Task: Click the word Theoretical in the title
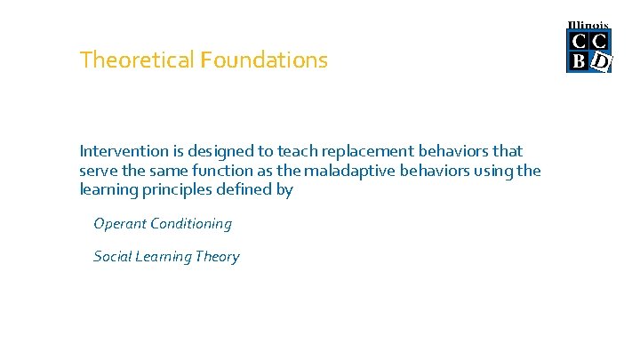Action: (x=137, y=60)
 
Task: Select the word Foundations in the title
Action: (x=264, y=60)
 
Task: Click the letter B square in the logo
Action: (x=579, y=60)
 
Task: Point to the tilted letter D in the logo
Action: (x=601, y=60)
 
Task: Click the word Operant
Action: (x=119, y=224)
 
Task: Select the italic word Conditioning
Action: (x=191, y=224)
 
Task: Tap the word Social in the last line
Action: (x=112, y=257)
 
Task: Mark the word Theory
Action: (x=218, y=257)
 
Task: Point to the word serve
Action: (x=98, y=171)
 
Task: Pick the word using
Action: (x=493, y=171)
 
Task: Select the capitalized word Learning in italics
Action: (x=164, y=257)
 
